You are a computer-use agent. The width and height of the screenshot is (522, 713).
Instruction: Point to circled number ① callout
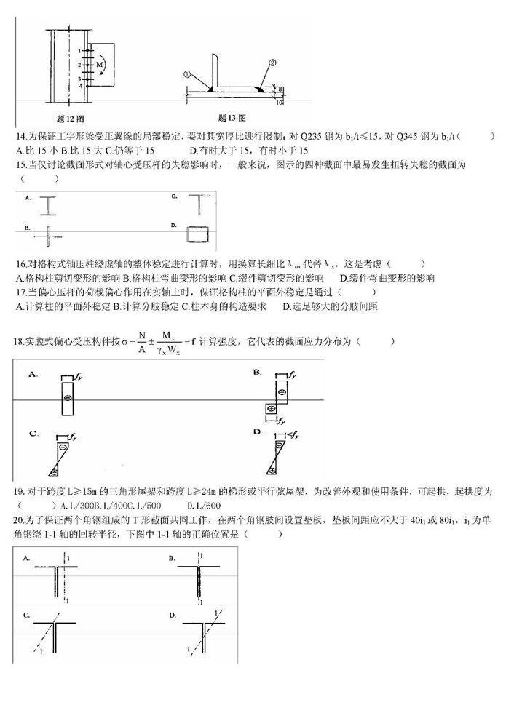(x=187, y=73)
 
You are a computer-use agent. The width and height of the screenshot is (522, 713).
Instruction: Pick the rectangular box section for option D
(x=197, y=234)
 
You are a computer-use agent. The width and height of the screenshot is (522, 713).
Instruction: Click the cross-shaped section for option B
(x=48, y=236)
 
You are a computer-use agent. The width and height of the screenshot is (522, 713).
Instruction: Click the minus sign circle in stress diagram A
(x=67, y=398)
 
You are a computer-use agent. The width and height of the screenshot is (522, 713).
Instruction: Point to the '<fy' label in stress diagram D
(x=289, y=435)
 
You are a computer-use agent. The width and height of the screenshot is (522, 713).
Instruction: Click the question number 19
(x=20, y=492)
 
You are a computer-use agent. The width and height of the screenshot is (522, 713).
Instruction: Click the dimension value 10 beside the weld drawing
(x=280, y=103)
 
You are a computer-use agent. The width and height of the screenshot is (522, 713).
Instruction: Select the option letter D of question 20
(x=173, y=616)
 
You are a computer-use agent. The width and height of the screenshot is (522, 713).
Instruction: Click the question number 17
(x=20, y=291)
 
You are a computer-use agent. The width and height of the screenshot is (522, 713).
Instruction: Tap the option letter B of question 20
(x=173, y=557)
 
